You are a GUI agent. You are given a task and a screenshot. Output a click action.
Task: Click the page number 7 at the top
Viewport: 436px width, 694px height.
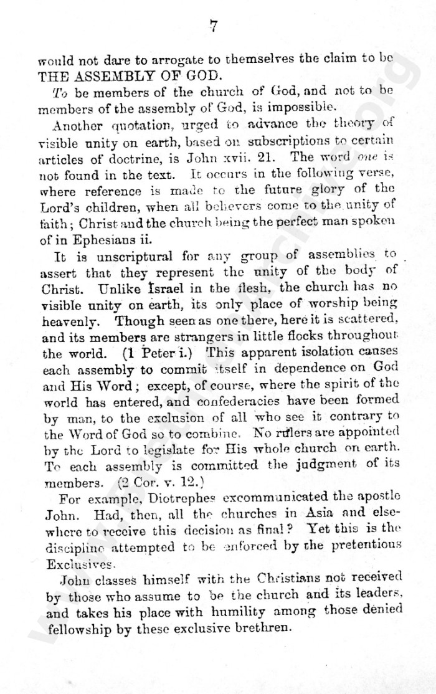(x=213, y=26)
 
